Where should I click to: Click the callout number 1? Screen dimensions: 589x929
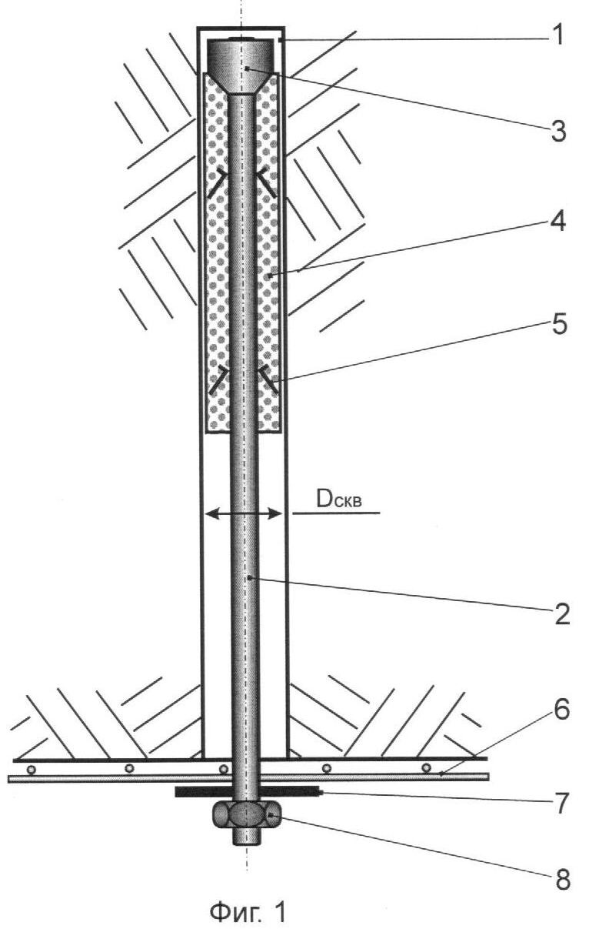(x=557, y=35)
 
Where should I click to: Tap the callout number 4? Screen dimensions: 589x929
(x=557, y=221)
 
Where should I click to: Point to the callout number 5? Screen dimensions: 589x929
(x=559, y=324)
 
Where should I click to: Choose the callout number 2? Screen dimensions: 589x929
(x=561, y=613)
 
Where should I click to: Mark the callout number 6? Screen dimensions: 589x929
(x=561, y=710)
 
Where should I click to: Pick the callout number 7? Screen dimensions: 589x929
(x=561, y=803)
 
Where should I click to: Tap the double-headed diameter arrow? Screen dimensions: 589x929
(x=244, y=514)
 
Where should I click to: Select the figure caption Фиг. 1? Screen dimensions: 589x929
(x=248, y=911)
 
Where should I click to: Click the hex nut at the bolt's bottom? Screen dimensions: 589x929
(x=247, y=814)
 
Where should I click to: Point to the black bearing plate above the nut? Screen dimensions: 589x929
(x=247, y=792)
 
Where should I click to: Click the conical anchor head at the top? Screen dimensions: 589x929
(x=241, y=66)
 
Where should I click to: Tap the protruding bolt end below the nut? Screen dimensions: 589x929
(x=247, y=836)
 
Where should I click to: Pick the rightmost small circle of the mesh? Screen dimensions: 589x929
(x=426, y=768)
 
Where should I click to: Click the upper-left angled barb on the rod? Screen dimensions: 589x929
(x=218, y=182)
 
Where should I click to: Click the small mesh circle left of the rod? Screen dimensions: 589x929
(x=224, y=770)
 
